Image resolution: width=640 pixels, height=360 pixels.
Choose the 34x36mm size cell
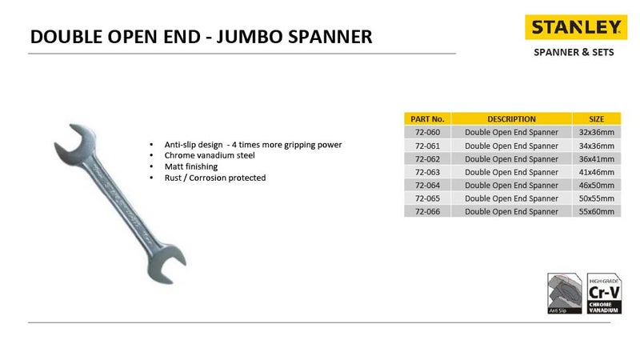596,145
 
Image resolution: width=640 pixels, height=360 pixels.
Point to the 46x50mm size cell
596,185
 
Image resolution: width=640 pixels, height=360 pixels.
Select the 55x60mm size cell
596,212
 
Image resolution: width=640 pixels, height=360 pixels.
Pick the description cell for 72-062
511,158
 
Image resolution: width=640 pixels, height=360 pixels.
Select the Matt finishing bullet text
192,166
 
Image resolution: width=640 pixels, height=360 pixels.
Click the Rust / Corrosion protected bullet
214,178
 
